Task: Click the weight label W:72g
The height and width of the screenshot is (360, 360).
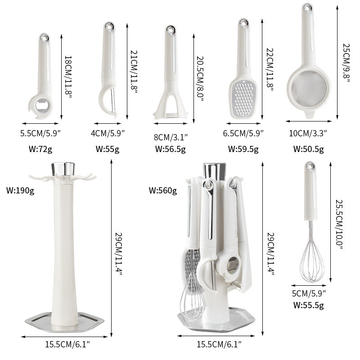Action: coord(40,149)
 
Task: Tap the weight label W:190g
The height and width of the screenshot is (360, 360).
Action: coord(20,190)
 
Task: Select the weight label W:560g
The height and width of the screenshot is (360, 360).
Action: coord(163,190)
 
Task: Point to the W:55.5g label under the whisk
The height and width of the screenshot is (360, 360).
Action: coord(309,305)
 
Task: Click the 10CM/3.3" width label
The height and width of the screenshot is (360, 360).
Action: coord(309,133)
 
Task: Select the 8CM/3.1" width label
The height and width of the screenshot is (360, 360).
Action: coord(171,136)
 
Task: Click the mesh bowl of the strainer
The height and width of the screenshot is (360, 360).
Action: coord(308,88)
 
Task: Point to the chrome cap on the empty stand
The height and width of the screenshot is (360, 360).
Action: coord(63,169)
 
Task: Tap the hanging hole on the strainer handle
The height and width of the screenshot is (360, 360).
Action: coord(308,8)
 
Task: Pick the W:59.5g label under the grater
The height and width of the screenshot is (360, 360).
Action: coord(243,149)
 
